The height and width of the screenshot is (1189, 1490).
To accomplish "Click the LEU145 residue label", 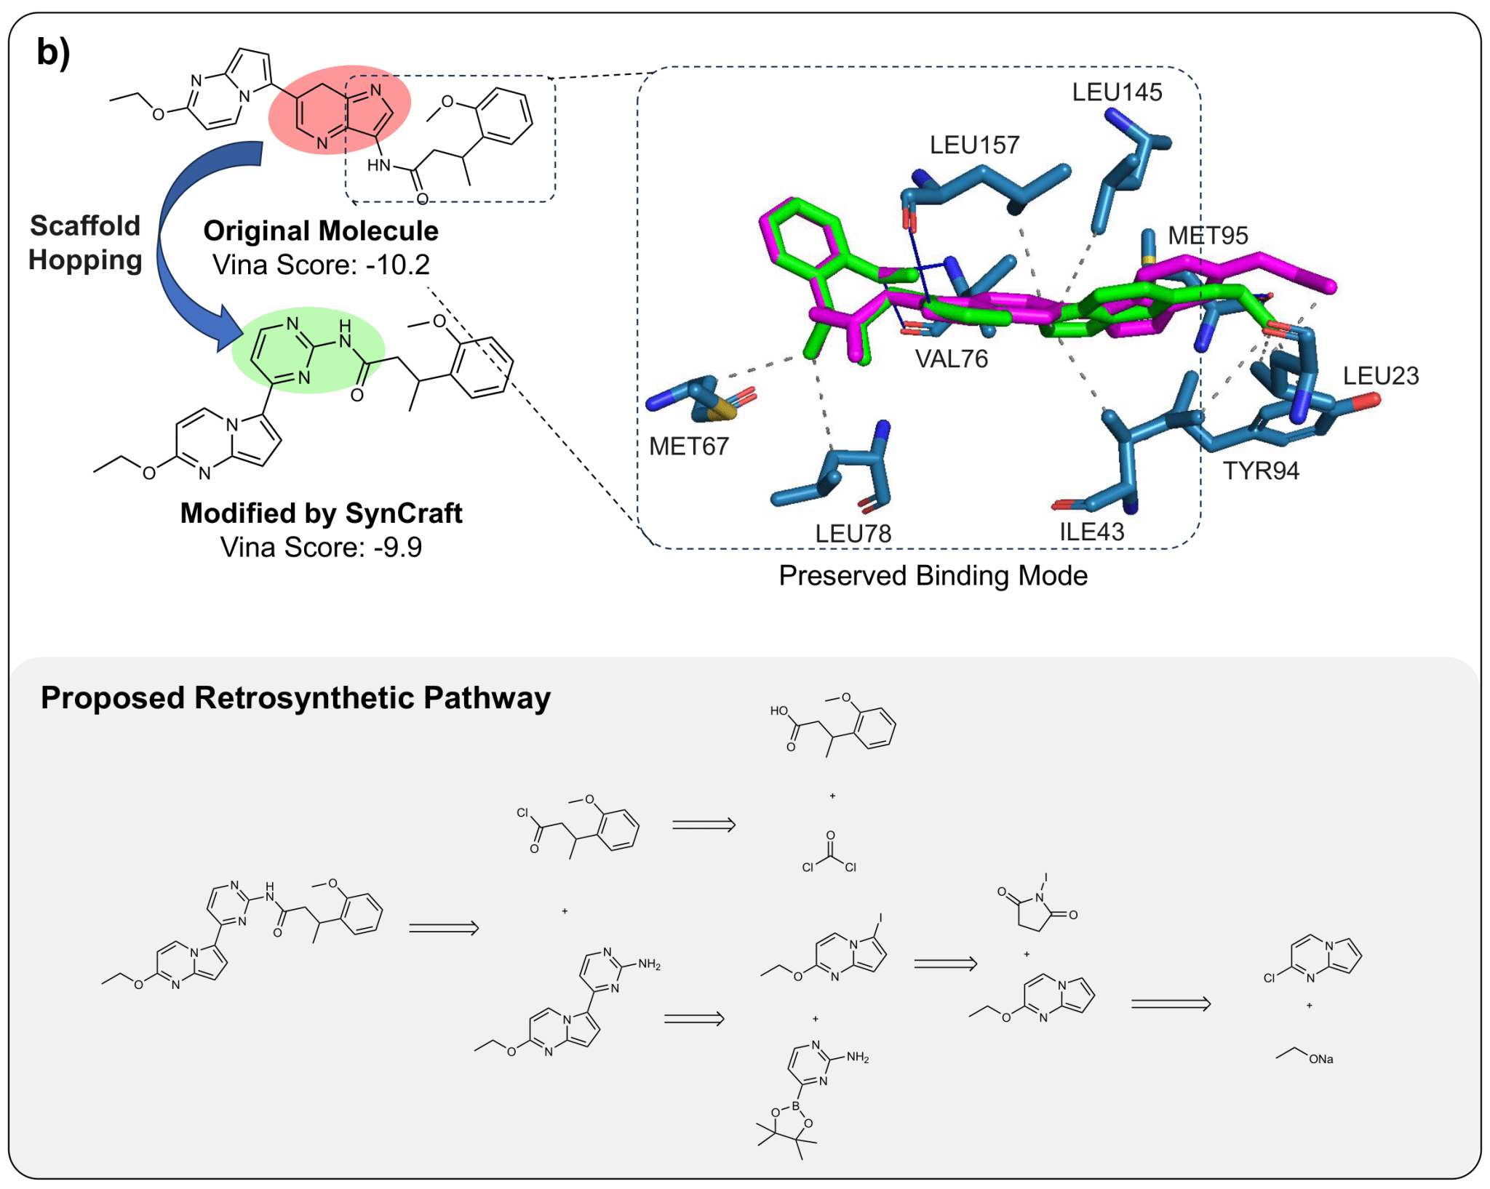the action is click(x=1117, y=92).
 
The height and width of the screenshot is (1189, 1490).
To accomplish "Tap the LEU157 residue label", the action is click(x=974, y=145).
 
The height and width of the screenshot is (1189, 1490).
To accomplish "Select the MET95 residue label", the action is click(x=1208, y=236).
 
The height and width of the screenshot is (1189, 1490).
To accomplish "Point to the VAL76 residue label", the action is click(x=952, y=359).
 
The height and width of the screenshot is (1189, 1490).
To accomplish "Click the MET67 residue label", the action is click(x=688, y=446).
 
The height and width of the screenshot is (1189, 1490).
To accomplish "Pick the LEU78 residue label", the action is click(x=853, y=534).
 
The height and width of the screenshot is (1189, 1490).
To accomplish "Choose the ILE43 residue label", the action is click(x=1091, y=532).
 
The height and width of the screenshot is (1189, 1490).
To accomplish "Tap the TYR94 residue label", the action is click(x=1260, y=471).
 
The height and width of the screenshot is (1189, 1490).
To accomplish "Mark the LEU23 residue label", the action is click(x=1380, y=376).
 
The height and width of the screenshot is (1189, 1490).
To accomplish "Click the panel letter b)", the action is click(x=53, y=52).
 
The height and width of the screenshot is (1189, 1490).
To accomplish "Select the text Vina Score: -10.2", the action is click(x=321, y=265).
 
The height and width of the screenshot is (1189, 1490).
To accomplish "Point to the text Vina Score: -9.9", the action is click(x=321, y=547).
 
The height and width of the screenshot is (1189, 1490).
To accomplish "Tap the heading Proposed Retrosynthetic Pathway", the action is click(x=295, y=697).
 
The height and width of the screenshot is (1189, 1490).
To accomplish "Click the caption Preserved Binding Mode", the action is click(x=933, y=576).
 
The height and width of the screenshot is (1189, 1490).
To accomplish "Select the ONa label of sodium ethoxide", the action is click(x=1320, y=1059).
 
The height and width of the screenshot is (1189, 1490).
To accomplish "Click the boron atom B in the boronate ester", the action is click(x=795, y=1106).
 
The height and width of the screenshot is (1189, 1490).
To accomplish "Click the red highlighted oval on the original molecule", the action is click(x=340, y=110).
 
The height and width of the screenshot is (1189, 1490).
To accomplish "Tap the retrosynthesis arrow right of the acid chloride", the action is click(x=704, y=825).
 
